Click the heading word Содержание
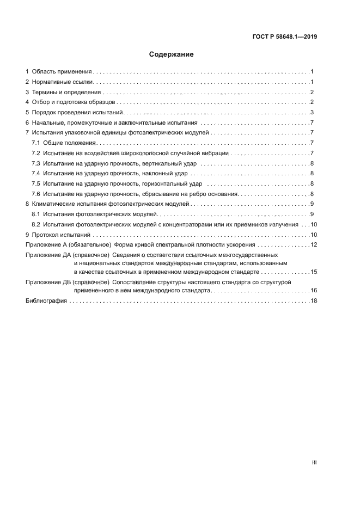[x=172, y=54]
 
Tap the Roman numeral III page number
[x=314, y=463]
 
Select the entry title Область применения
[x=62, y=72]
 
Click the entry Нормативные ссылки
[x=63, y=82]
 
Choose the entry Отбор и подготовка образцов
[x=74, y=102]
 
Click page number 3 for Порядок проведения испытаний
[x=312, y=113]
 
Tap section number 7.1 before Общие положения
[x=36, y=143]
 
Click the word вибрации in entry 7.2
[x=215, y=153]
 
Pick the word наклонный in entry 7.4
[x=155, y=174]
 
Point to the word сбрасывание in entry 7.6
[x=160, y=194]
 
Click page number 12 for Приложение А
[x=314, y=244]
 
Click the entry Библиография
[x=46, y=301]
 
